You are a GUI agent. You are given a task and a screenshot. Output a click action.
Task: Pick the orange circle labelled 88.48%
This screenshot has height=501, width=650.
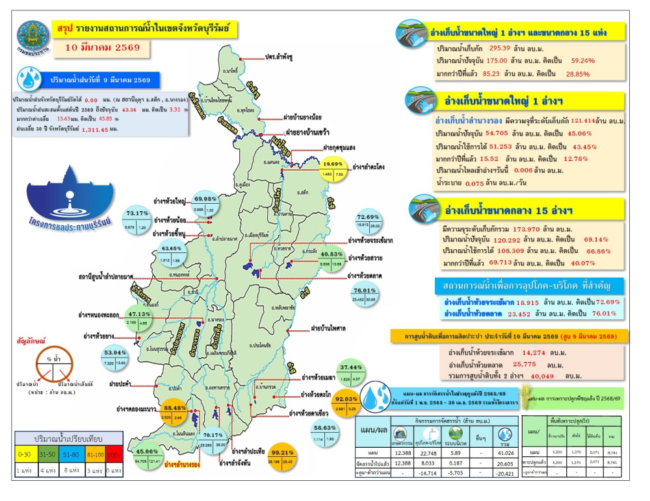click(x=177, y=413)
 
